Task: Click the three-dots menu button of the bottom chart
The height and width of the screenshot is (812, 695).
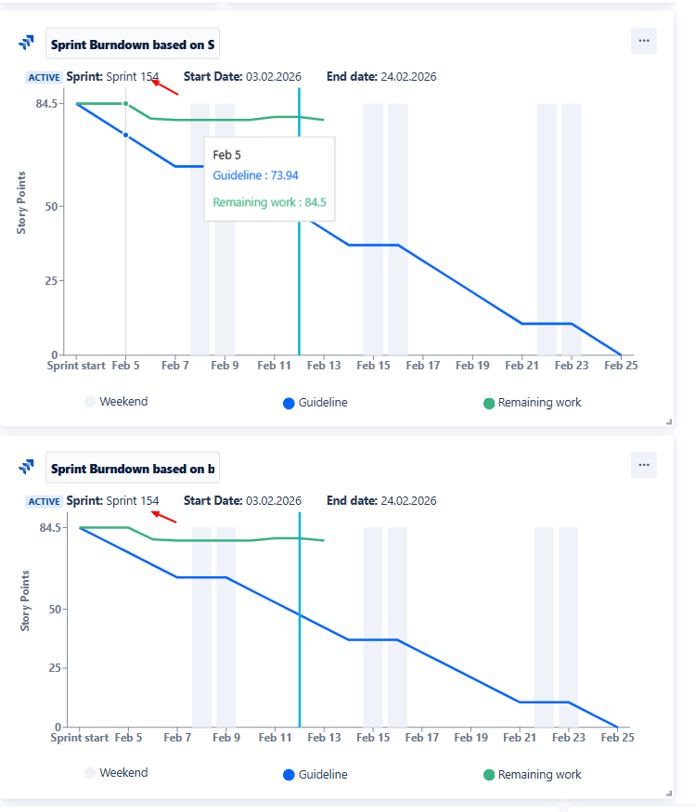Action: pyautogui.click(x=644, y=465)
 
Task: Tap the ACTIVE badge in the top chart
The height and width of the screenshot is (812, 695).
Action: pyautogui.click(x=45, y=78)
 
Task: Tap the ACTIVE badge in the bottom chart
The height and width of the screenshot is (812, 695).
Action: pyautogui.click(x=45, y=502)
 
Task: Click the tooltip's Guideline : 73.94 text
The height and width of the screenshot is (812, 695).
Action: pyautogui.click(x=255, y=175)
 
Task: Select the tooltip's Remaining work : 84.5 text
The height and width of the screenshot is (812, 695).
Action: pyautogui.click(x=269, y=202)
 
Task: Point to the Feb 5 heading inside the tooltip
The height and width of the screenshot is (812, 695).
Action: pyautogui.click(x=226, y=155)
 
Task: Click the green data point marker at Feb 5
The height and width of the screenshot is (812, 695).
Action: pyautogui.click(x=126, y=104)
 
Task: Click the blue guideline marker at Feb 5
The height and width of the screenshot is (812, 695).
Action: pyautogui.click(x=126, y=135)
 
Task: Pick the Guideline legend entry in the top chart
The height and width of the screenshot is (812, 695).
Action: pyautogui.click(x=315, y=403)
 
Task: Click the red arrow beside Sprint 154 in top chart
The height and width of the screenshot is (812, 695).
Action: pyautogui.click(x=165, y=87)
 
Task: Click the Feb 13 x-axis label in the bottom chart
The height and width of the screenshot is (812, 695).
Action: pyautogui.click(x=323, y=738)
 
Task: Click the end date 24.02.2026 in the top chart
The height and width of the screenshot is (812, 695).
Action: pyautogui.click(x=405, y=77)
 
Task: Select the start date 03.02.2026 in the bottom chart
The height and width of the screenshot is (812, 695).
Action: pyautogui.click(x=274, y=501)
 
